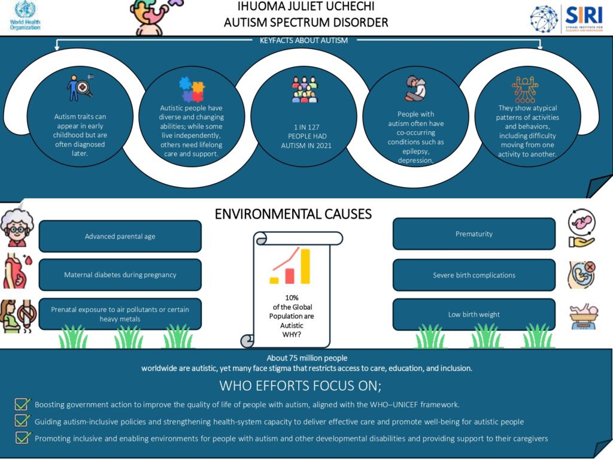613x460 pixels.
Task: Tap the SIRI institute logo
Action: (x=566, y=18)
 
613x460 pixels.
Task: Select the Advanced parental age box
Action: (x=120, y=236)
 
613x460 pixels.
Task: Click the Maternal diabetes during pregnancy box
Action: (x=120, y=275)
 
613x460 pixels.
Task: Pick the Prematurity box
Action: (x=474, y=234)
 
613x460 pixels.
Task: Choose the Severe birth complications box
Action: (x=474, y=275)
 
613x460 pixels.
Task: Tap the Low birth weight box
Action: (x=474, y=314)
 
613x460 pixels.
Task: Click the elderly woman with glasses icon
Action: (x=16, y=228)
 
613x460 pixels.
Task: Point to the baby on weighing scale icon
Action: (x=581, y=315)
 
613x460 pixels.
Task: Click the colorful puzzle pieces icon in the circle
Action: (x=192, y=89)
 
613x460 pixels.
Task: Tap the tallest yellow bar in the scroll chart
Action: (x=305, y=266)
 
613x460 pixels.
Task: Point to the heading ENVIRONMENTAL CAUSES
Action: (x=293, y=214)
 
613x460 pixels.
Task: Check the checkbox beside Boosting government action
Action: (x=23, y=404)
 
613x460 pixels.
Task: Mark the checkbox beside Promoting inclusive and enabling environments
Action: (x=23, y=438)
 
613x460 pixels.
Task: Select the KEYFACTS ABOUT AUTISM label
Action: (x=304, y=41)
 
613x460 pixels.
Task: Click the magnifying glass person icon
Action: (x=80, y=87)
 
